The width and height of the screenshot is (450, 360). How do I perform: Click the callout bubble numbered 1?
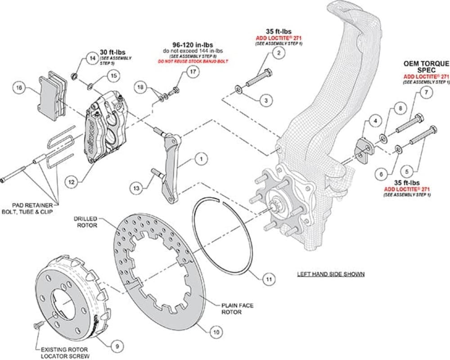[201, 159]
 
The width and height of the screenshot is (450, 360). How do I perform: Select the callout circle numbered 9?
[117, 346]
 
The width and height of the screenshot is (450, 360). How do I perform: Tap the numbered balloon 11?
[269, 279]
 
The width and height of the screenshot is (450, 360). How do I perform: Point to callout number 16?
[18, 88]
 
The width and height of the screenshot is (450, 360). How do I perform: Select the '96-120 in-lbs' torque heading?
[192, 45]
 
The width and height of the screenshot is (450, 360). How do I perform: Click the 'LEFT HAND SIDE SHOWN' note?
[331, 274]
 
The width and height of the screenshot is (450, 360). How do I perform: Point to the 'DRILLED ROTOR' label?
[85, 221]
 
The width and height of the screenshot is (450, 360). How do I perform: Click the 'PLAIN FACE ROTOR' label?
[237, 308]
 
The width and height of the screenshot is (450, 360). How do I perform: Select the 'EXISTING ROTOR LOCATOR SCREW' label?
[63, 352]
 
